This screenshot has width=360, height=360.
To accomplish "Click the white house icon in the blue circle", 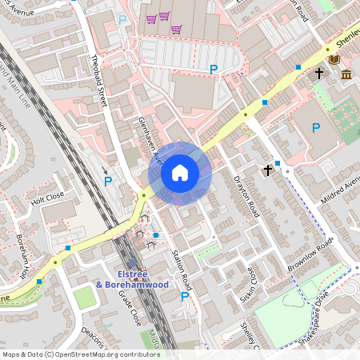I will (180, 173).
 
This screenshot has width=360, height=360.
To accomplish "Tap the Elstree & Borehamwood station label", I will (132, 278).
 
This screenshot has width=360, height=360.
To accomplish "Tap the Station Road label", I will (182, 270).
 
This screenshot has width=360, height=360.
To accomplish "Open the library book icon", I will (334, 60).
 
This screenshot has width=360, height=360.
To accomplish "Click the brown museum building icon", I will (346, 74).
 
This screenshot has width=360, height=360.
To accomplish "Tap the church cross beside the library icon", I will (318, 73).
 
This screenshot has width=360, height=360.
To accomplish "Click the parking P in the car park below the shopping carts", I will (214, 70).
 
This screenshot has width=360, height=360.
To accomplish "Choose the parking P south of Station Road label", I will (185, 297).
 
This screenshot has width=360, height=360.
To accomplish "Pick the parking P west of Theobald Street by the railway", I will (108, 181).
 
